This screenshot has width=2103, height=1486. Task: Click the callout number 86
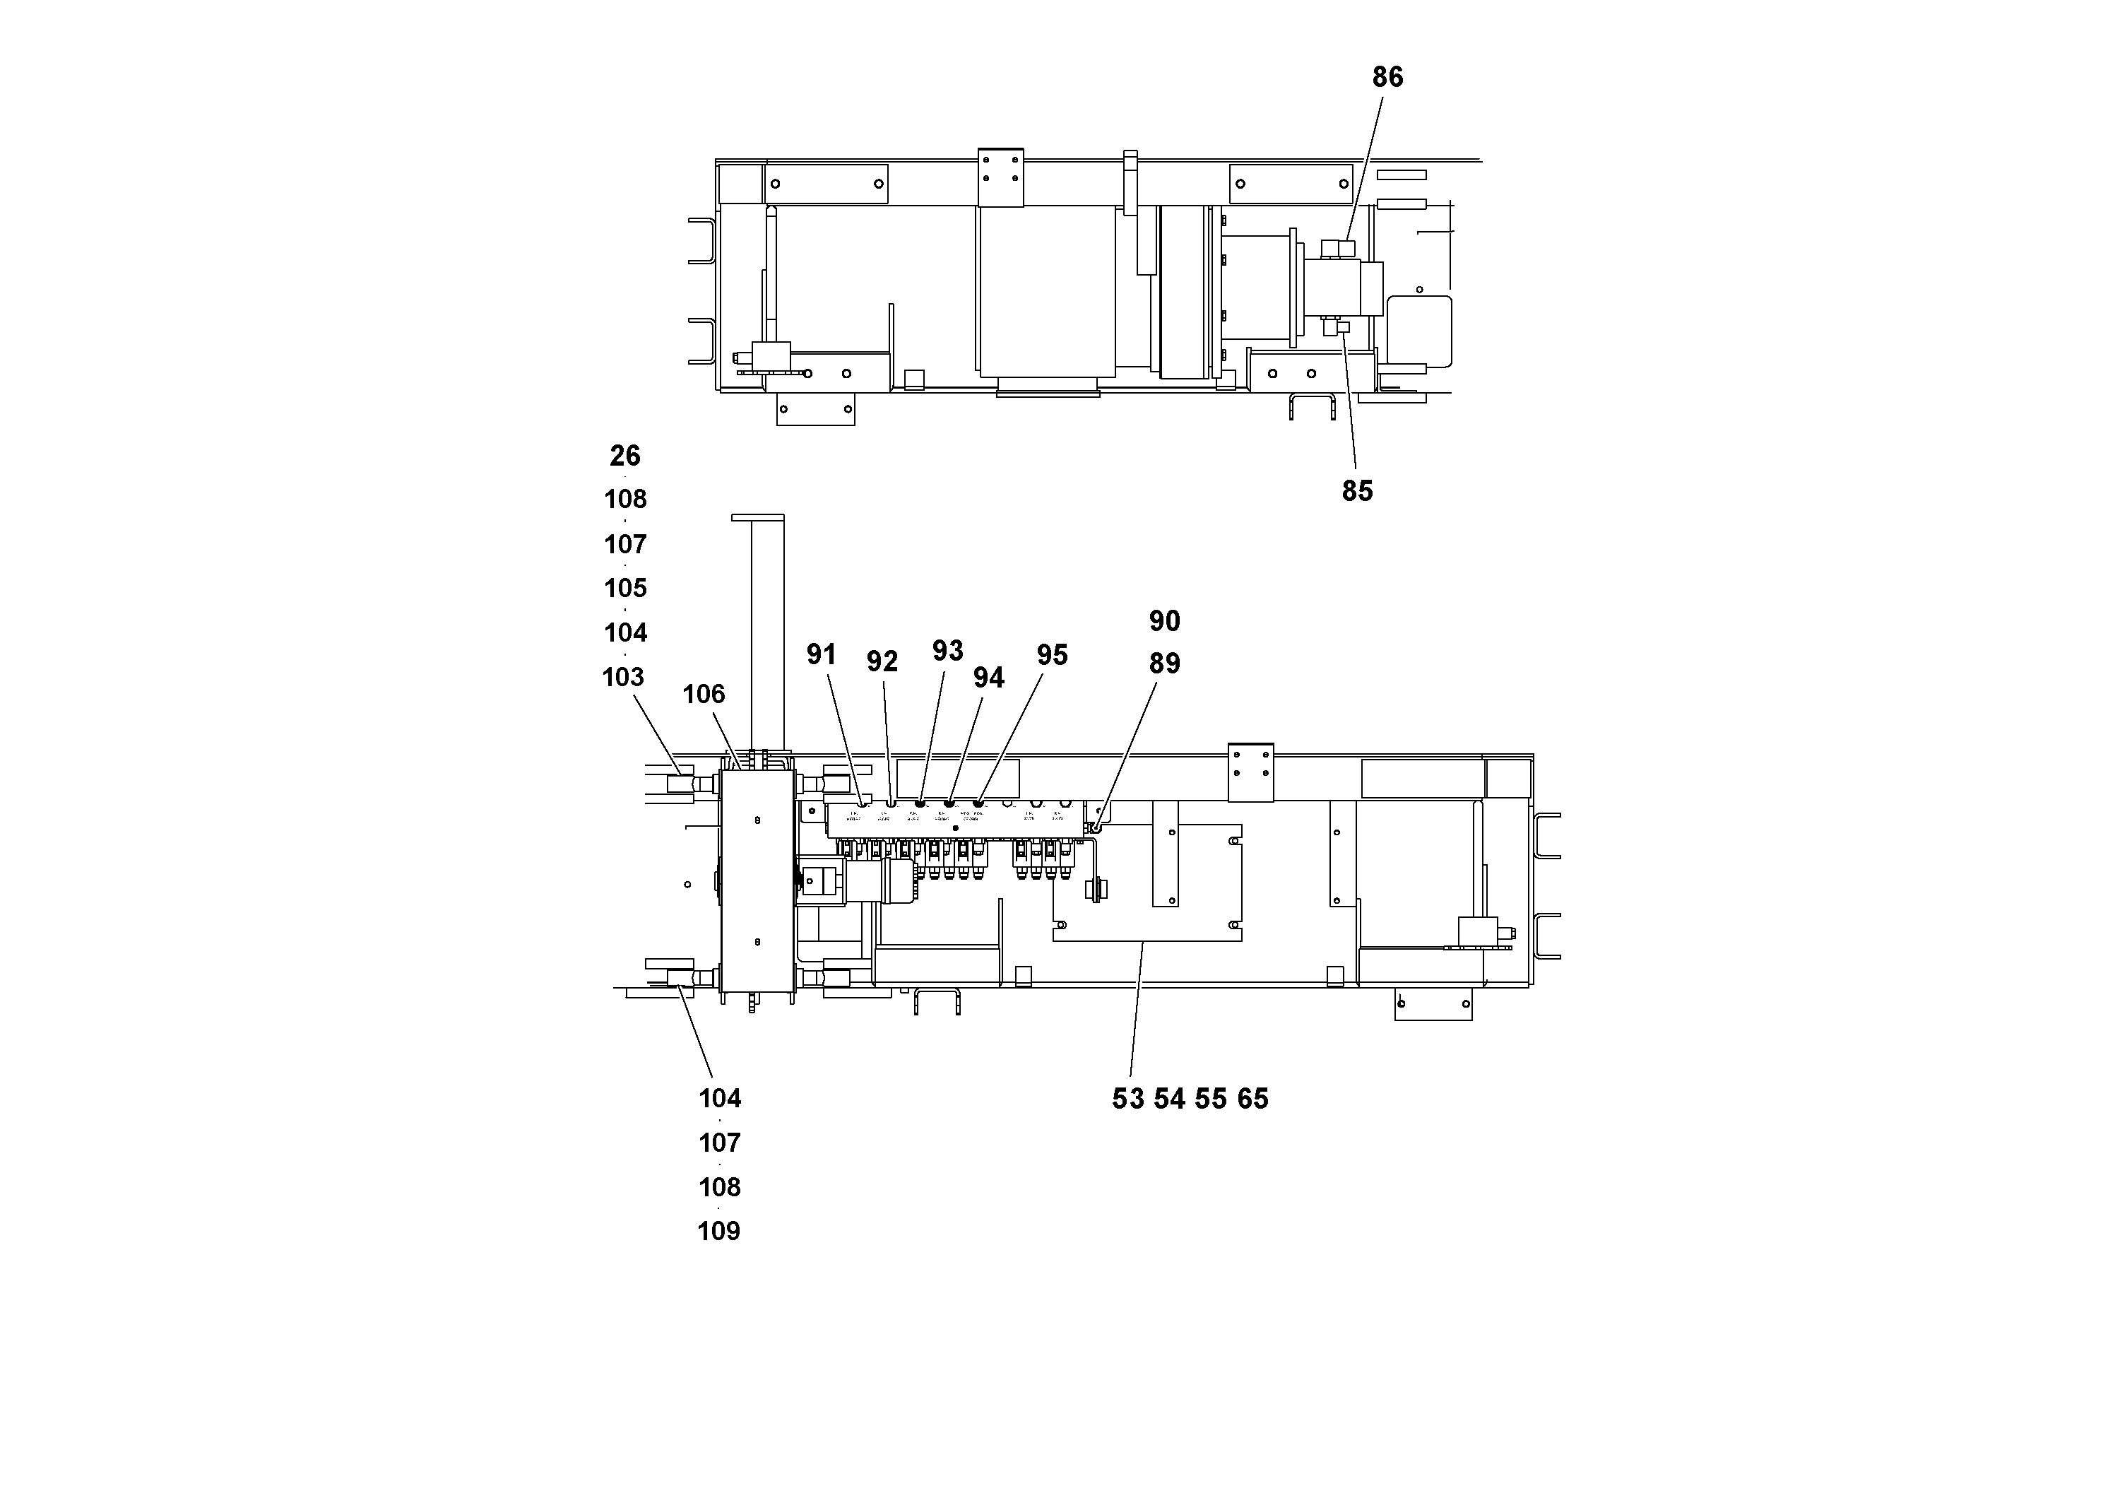point(1387,78)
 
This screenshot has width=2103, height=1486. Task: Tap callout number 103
point(623,678)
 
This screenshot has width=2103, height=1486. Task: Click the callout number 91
point(821,655)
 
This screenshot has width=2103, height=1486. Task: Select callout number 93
point(947,651)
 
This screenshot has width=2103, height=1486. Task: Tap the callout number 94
point(988,678)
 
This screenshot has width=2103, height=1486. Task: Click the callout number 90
point(1164,622)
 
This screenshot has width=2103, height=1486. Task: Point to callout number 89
point(1164,664)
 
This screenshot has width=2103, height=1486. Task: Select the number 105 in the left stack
point(626,588)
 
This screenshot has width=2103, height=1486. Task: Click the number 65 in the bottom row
point(1253,1099)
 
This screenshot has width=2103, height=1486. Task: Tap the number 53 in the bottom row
point(1127,1099)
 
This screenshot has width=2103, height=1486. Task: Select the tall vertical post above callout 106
point(768,632)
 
